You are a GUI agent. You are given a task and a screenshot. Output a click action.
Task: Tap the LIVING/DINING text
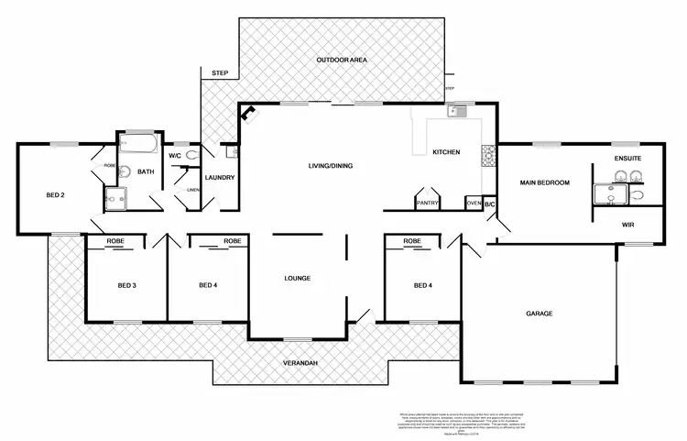click(330, 166)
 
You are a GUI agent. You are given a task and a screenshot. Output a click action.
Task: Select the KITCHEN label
click(445, 152)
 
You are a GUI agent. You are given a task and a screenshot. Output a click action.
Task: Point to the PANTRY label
click(427, 203)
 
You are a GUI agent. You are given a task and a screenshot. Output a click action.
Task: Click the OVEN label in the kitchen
click(473, 203)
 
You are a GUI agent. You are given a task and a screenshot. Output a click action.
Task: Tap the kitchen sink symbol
click(455, 113)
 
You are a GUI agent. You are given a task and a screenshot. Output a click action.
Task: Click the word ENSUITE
click(627, 160)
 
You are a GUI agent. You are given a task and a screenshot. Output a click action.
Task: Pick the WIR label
click(627, 223)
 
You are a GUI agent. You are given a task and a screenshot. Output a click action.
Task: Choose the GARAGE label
click(539, 314)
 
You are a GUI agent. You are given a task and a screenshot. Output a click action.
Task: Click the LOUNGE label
click(297, 278)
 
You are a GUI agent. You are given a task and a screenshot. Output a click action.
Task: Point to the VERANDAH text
click(300, 365)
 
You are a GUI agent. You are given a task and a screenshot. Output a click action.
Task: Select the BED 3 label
click(127, 285)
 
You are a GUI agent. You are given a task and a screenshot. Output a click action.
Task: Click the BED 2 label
click(55, 195)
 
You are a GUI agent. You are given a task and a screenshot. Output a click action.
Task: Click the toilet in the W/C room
click(190, 156)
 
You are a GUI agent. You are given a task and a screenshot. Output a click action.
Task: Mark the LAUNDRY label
click(220, 178)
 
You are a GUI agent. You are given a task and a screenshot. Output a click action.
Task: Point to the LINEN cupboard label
click(193, 190)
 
